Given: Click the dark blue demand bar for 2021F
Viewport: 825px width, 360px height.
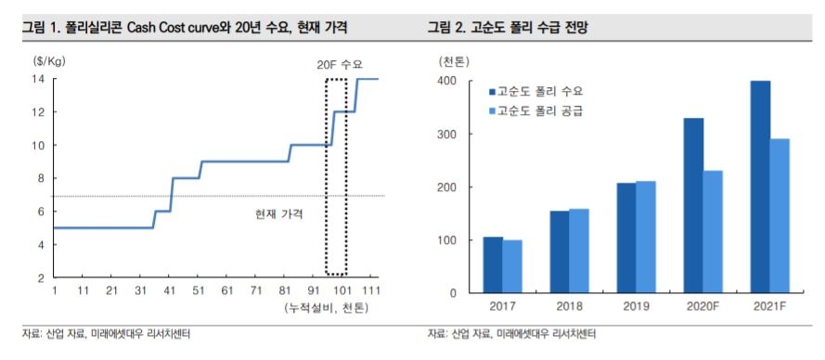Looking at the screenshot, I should pos(760,186).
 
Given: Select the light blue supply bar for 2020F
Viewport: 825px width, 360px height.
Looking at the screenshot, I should pos(713,231).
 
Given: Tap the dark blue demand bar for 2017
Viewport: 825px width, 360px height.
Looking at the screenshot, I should pos(493,264).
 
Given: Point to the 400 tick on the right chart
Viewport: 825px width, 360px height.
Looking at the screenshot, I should pos(446,81).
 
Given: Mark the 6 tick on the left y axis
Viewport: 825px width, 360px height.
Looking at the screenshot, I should pos(41,212).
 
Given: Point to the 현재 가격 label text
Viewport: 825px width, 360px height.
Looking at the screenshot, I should pos(279,213).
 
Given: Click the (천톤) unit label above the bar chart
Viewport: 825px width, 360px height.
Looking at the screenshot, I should pos(455,61).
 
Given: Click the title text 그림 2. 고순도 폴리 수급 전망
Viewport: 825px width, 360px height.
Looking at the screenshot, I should pos(508,29).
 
